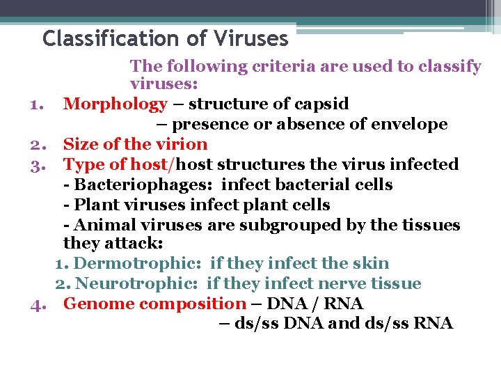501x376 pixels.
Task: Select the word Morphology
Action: (115, 104)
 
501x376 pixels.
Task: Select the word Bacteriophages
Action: (127, 185)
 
